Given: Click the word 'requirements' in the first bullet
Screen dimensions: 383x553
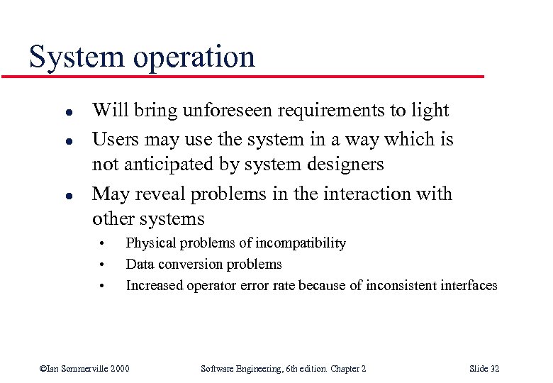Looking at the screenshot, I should click(x=316, y=110).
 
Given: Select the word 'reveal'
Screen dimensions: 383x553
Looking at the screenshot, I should click(x=158, y=194).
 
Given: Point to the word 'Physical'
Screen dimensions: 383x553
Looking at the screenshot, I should click(x=151, y=243).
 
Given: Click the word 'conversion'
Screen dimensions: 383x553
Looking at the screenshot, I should click(x=191, y=265).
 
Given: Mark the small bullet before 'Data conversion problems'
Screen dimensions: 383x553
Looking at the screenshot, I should click(x=103, y=266).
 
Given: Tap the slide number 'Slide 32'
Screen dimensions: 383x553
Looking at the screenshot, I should click(x=484, y=368).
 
